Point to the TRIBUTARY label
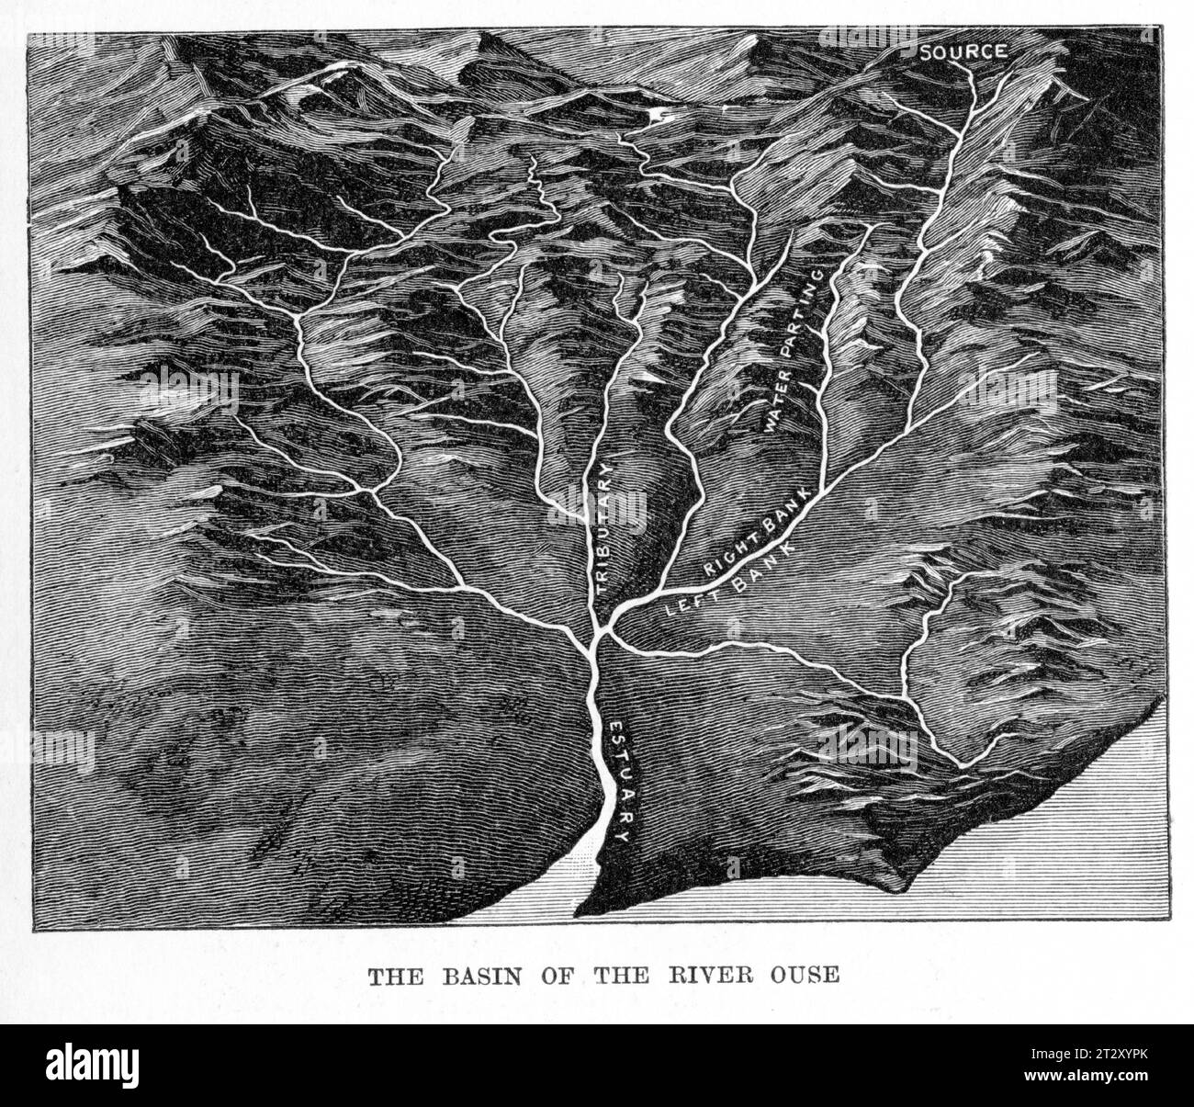click(604, 532)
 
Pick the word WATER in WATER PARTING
click(776, 407)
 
